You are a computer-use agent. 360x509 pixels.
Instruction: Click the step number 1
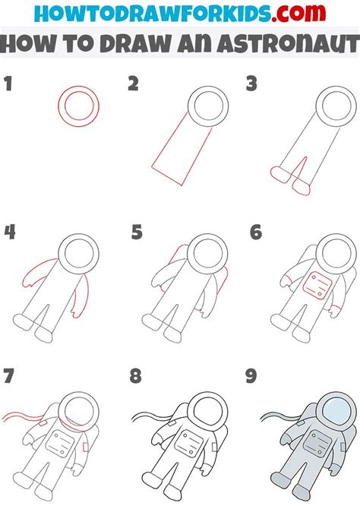point(8,84)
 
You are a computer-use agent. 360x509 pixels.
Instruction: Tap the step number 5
point(136,232)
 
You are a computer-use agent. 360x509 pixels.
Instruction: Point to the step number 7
point(9,376)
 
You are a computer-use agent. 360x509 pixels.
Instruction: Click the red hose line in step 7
point(23,417)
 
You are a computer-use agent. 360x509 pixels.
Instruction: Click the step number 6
point(256,232)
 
